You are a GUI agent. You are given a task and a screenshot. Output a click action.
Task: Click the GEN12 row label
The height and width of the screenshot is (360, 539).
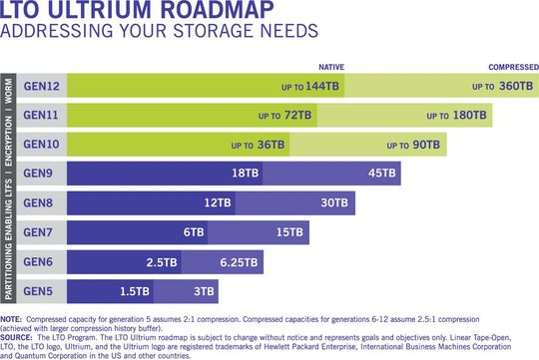coord(43,87)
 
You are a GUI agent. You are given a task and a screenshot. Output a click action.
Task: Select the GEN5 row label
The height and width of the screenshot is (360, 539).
coord(43,291)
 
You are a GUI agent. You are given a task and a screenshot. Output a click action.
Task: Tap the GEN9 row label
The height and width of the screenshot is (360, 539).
coord(43,175)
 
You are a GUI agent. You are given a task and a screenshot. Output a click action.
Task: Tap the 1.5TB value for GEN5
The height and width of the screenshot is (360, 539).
coord(135,291)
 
